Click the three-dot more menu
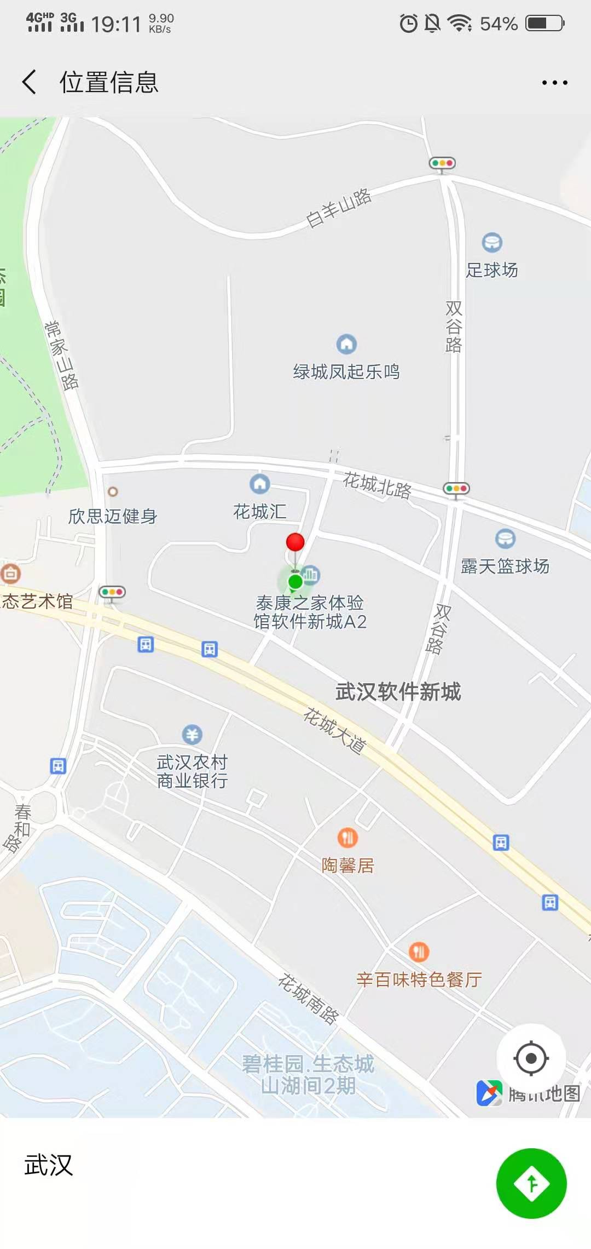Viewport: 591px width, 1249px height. click(x=554, y=83)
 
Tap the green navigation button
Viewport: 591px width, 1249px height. click(x=531, y=1183)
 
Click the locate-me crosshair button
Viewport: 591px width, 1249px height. click(x=531, y=1058)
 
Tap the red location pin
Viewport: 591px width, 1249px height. click(x=296, y=542)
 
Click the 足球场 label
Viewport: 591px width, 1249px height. click(x=491, y=270)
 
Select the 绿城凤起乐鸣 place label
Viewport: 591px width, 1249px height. click(x=346, y=372)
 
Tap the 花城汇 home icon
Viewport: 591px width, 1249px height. click(x=260, y=484)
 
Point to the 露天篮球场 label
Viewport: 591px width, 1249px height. click(x=505, y=566)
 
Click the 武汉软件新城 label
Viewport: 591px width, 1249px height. click(x=398, y=692)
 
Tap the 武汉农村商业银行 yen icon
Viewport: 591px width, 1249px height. click(x=192, y=734)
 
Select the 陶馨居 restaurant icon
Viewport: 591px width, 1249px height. click(x=347, y=837)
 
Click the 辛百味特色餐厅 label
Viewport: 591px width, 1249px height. click(x=419, y=979)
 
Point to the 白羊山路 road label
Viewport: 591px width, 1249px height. click(x=339, y=208)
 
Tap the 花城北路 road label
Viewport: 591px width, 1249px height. click(x=377, y=485)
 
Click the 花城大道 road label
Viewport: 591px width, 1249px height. click(x=335, y=731)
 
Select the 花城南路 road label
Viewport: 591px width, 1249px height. click(x=309, y=999)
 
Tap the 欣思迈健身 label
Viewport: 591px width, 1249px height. click(x=113, y=516)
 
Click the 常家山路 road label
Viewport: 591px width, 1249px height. click(x=62, y=355)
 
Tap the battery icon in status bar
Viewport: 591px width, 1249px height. click(x=544, y=24)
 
